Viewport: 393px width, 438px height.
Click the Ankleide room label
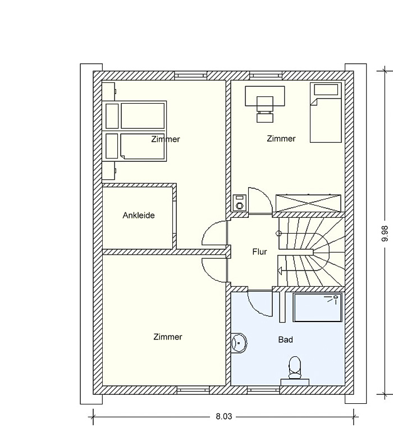click(x=139, y=216)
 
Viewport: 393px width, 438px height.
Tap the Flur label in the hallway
click(x=259, y=251)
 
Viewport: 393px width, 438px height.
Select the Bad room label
click(x=286, y=339)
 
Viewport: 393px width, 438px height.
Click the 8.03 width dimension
click(x=224, y=417)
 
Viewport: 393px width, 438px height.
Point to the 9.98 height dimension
click(x=385, y=234)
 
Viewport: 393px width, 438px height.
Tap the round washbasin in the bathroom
click(x=239, y=343)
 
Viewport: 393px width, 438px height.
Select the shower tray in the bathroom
click(x=317, y=307)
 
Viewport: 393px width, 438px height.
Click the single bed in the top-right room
click(x=326, y=112)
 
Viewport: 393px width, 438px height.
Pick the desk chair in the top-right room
click(x=265, y=109)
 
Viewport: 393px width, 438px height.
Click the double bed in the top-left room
click(x=134, y=131)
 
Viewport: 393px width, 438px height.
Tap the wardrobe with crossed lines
click(x=308, y=203)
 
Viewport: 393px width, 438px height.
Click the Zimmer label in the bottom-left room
click(x=168, y=337)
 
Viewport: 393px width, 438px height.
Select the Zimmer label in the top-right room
click(x=281, y=138)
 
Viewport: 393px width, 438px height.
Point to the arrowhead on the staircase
click(x=280, y=271)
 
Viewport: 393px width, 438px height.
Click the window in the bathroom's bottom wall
click(x=263, y=390)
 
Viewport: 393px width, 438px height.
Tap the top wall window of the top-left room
click(x=191, y=76)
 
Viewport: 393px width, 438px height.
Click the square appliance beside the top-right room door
click(x=240, y=203)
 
